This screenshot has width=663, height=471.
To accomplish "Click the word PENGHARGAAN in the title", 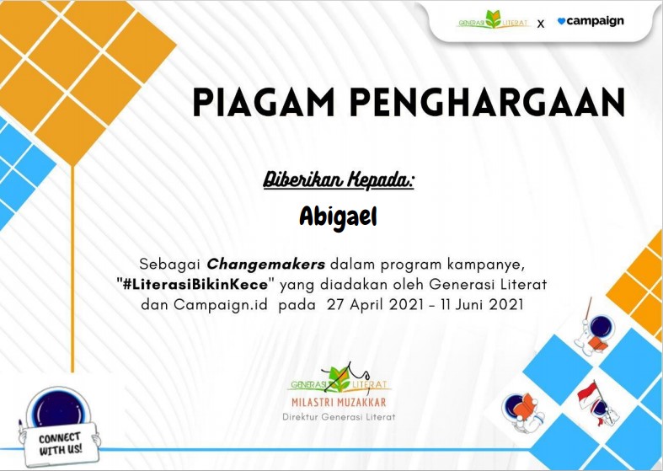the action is pos(487,102).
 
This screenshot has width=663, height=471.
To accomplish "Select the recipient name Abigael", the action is pos(338,217).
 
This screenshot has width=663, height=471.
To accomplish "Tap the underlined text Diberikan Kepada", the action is pos(339,180).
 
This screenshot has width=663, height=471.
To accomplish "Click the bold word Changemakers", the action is pos(266,265).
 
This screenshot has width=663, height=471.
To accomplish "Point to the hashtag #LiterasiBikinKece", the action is pos(195,284).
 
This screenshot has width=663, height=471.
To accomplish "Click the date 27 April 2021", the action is pos(375,304).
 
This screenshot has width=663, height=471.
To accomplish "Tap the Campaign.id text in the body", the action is pos(221,305).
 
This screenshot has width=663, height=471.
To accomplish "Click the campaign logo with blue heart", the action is pos(591,21).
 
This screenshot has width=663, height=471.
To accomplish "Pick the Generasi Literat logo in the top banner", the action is pos(493,20).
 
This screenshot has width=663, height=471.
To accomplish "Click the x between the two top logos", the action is pos(541,24).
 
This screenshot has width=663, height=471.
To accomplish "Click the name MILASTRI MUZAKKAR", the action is pos(339,402).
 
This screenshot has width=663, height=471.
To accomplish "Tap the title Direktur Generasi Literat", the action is pos(339,417).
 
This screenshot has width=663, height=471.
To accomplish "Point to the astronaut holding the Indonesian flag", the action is pos(597,403).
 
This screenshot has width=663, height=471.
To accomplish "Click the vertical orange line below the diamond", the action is pos(72,269).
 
